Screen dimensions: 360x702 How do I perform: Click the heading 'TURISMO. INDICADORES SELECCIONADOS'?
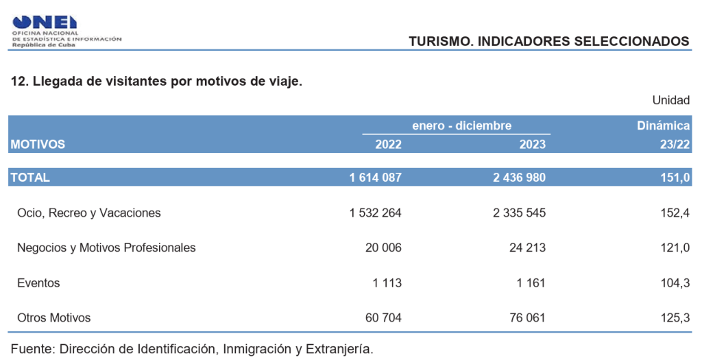tap(548, 41)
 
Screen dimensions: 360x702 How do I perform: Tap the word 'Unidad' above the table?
tap(670, 100)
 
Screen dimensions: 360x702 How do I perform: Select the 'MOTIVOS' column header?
tap(38, 144)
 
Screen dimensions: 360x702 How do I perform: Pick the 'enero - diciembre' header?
tap(461, 125)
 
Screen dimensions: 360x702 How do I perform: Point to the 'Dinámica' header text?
tap(663, 125)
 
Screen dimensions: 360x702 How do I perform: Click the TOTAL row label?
tap(29, 177)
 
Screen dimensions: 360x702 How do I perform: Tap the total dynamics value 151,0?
tap(675, 177)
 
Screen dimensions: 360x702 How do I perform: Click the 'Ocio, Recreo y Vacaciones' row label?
tap(89, 213)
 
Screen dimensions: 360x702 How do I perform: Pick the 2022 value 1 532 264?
tap(375, 213)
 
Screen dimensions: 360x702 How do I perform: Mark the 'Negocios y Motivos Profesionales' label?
tap(106, 248)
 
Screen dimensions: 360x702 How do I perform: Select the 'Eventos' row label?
tap(38, 283)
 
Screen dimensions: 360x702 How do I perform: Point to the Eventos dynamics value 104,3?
tap(675, 283)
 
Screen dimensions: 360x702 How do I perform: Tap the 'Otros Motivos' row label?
tap(54, 317)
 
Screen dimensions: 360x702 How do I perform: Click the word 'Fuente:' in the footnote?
tap(32, 348)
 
